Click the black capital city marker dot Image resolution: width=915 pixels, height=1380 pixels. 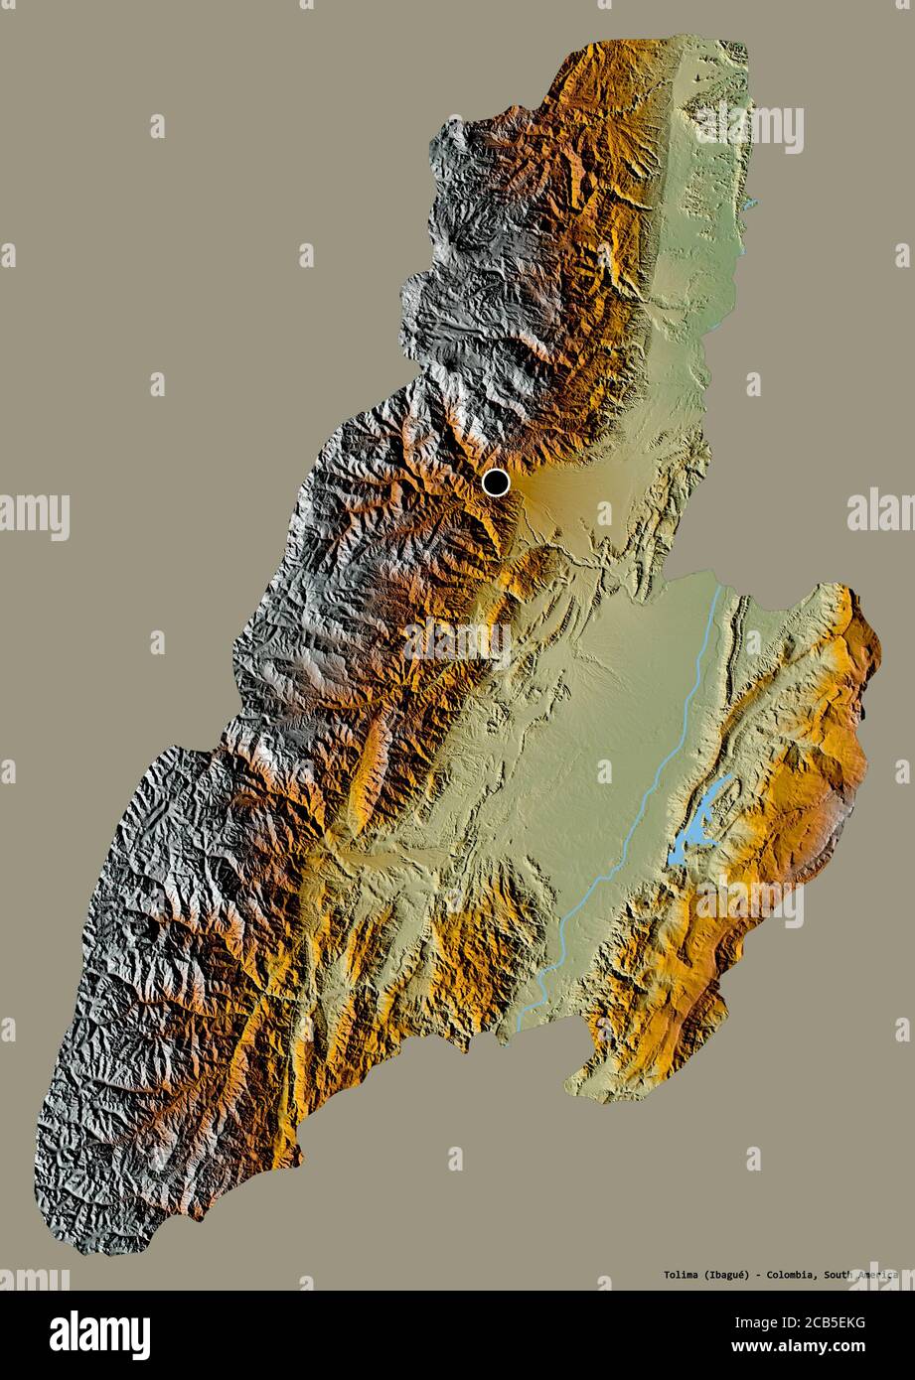(496, 483)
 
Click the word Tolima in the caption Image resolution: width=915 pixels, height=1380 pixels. (652, 1275)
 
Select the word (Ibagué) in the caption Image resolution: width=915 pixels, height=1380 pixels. (709, 1275)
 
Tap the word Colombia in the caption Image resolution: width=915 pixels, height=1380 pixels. (785, 1275)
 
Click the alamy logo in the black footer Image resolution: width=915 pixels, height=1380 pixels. (99, 1334)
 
